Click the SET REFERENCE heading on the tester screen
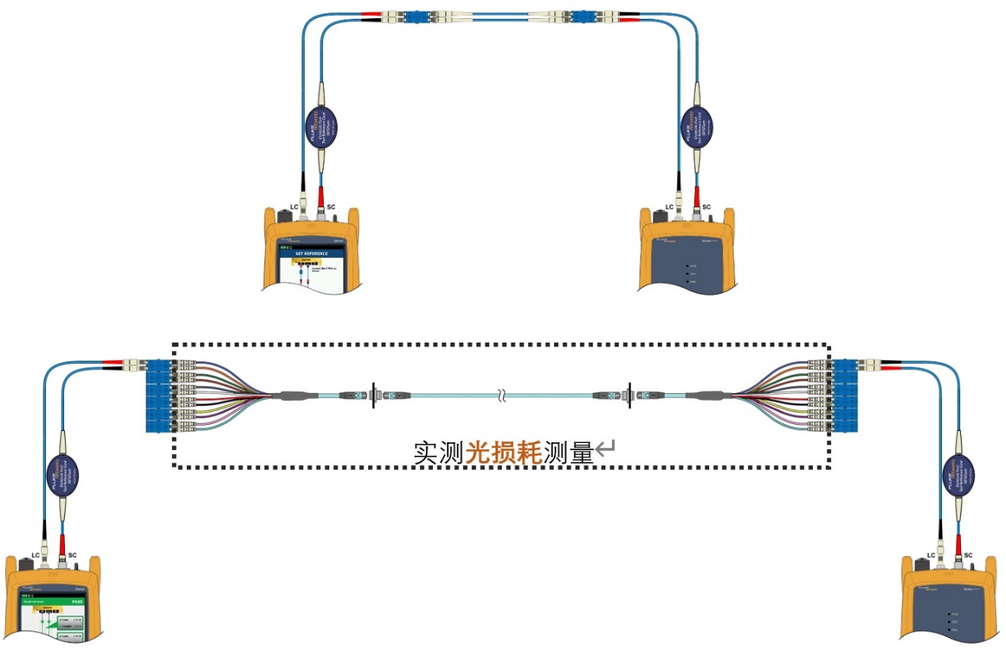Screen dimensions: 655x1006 [311, 254]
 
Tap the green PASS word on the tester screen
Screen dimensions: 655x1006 [77, 600]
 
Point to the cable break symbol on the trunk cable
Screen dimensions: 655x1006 [500, 393]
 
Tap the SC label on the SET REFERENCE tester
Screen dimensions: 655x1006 [331, 207]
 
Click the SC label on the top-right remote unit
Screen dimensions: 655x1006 [707, 207]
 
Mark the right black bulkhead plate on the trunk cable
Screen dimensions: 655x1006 [629, 393]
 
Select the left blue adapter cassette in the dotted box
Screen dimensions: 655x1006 [158, 396]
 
